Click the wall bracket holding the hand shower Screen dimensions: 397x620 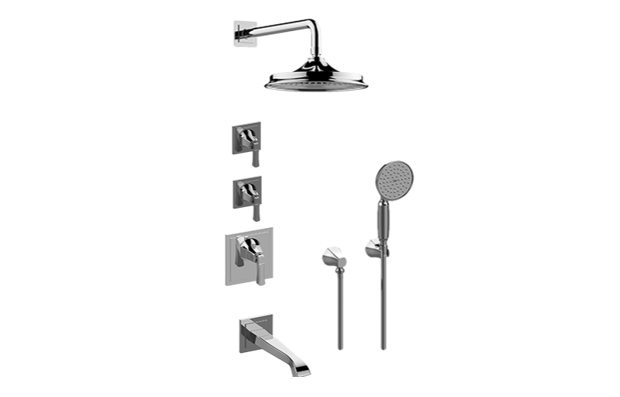(373, 249)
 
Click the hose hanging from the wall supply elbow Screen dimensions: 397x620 (339, 310)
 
